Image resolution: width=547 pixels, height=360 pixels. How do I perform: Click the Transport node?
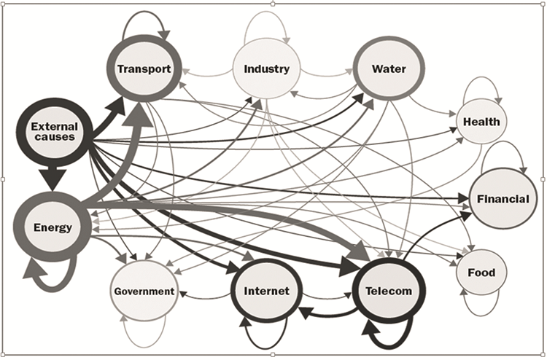(144, 70)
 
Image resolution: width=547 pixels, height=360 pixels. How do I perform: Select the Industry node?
(266, 70)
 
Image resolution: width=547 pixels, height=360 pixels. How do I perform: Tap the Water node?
(388, 70)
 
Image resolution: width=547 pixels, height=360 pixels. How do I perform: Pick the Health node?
(481, 121)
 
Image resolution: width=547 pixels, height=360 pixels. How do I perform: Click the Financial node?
(503, 198)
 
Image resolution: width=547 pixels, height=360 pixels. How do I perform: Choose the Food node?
(481, 273)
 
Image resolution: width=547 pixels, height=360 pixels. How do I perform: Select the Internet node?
(266, 291)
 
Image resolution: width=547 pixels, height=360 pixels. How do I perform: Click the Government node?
(144, 291)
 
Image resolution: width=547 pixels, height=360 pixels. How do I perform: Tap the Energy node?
(53, 227)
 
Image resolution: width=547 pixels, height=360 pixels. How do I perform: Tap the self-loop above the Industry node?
(267, 26)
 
